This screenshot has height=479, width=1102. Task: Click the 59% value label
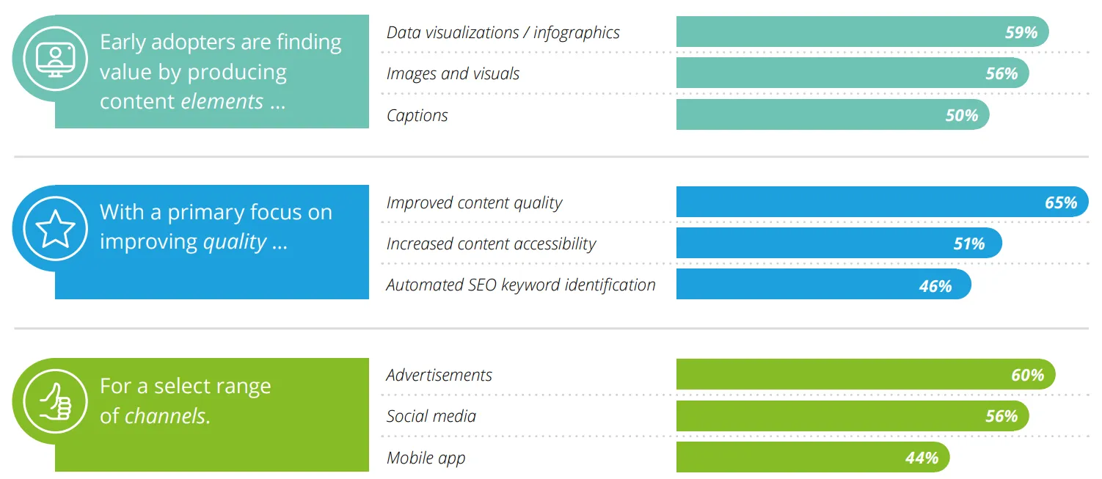pyautogui.click(x=1021, y=32)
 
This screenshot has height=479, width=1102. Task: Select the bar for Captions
pyautogui.click(x=833, y=114)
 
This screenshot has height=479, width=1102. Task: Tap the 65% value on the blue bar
pyautogui.click(x=1061, y=202)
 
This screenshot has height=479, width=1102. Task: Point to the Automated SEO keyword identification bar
pyautogui.click(x=823, y=285)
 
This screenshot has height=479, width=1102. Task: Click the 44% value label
pyautogui.click(x=922, y=458)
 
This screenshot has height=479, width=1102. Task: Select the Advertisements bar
pyautogui.click(x=865, y=375)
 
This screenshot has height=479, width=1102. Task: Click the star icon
pyautogui.click(x=55, y=229)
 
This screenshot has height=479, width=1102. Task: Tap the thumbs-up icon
pyautogui.click(x=55, y=401)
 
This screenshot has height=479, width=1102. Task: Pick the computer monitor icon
pyautogui.click(x=55, y=59)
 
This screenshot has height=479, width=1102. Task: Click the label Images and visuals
pyautogui.click(x=453, y=74)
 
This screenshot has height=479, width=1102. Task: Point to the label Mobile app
pyautogui.click(x=426, y=458)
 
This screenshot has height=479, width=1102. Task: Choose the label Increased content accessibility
pyautogui.click(x=491, y=244)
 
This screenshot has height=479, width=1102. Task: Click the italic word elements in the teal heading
pyautogui.click(x=222, y=101)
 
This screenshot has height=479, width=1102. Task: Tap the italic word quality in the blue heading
pyautogui.click(x=235, y=242)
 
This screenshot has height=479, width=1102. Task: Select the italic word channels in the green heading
pyautogui.click(x=167, y=416)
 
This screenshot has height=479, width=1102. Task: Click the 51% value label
pyautogui.click(x=968, y=244)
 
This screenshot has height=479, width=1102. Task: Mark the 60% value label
pyautogui.click(x=1027, y=376)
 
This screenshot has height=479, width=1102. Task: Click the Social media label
pyautogui.click(x=431, y=417)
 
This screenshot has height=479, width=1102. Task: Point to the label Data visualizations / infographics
pyautogui.click(x=503, y=33)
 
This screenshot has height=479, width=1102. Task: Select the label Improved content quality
pyautogui.click(x=474, y=203)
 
